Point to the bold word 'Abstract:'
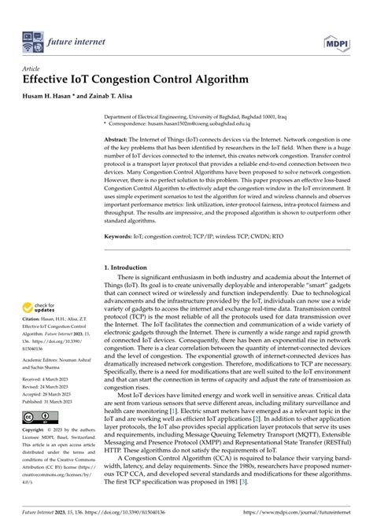point(120,139)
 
